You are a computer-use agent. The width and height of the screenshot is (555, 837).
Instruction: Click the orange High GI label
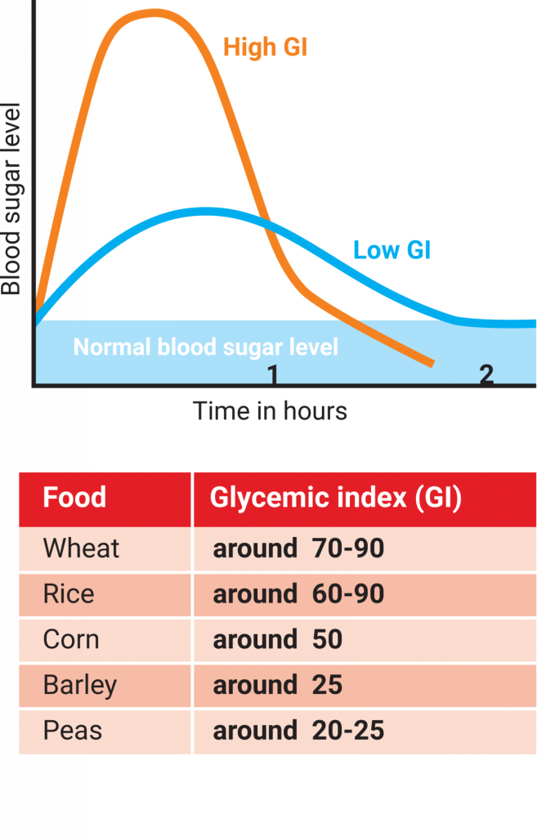point(265,48)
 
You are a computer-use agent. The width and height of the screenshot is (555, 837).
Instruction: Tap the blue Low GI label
point(392,249)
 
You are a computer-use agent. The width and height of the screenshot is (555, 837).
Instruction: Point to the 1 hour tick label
point(273,374)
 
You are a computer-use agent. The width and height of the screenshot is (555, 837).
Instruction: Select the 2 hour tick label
point(486,374)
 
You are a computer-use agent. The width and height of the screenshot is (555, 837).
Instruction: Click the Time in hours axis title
point(270,410)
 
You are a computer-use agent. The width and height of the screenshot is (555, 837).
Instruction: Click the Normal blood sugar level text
point(205,347)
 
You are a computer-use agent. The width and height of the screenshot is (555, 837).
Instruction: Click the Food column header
point(74,498)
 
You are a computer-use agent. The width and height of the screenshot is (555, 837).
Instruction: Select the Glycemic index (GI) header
point(336,498)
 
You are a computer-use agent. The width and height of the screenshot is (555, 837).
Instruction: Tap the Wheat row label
point(81,548)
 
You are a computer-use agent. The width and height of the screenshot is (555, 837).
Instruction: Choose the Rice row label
point(68,594)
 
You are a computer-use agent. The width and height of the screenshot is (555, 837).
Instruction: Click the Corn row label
point(70,639)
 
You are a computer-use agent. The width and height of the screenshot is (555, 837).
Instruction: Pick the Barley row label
point(79,685)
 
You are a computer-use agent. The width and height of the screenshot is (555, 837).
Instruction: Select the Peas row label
point(72,731)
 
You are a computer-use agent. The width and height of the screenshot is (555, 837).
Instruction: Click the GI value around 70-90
point(298,548)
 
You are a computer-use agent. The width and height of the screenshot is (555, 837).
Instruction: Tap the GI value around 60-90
point(298,594)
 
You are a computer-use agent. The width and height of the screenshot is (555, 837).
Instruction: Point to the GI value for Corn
point(278,639)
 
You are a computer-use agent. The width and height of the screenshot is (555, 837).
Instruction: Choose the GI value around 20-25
point(298,731)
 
